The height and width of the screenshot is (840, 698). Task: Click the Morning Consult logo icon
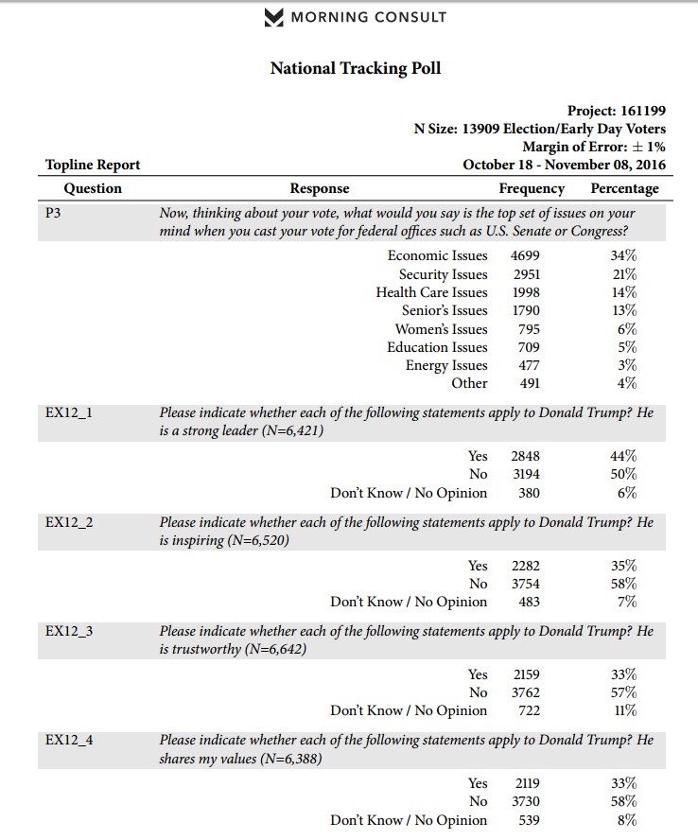(274, 17)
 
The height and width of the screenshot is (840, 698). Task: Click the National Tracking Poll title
(356, 68)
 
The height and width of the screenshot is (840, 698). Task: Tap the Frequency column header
(532, 188)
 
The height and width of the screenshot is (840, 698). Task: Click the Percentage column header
(624, 188)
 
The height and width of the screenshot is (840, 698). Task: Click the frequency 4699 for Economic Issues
(526, 255)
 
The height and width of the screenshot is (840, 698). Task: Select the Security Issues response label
(443, 274)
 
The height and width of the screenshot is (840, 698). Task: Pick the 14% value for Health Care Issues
(624, 292)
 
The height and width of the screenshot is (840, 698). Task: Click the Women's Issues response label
(442, 329)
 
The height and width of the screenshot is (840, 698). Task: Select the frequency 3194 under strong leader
(526, 474)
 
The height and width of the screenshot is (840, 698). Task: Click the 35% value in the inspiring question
(624, 566)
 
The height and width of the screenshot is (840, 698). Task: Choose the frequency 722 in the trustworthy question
(529, 710)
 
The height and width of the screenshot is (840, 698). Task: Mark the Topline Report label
(93, 165)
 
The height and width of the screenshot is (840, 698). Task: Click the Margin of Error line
(594, 147)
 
